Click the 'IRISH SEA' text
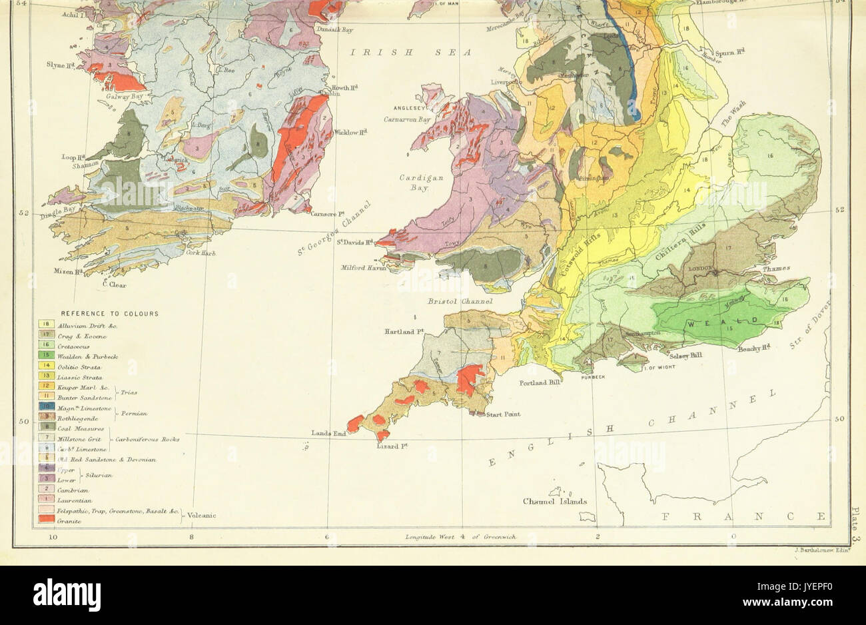412,52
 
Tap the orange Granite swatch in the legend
46,521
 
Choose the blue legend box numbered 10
46,406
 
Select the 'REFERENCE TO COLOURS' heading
110,313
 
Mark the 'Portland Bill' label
542,383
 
